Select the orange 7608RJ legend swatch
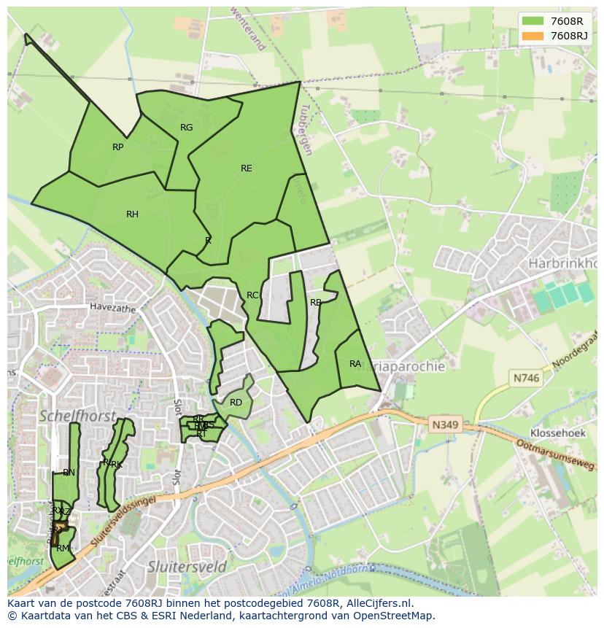pos(533,35)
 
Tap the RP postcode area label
pos(117,147)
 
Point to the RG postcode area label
pos(187,128)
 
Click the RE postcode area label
pos(247,168)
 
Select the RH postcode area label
pos(132,214)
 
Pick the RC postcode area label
pos(252,295)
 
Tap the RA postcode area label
pos(355,364)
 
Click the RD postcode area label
pos(236,403)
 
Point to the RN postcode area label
pos(69,473)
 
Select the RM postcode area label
pos(63,548)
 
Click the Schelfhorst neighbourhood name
pos(77,416)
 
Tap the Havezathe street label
pos(113,309)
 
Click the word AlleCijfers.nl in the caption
pos(376,603)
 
